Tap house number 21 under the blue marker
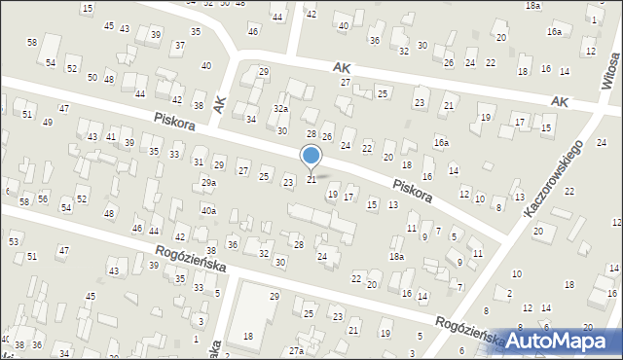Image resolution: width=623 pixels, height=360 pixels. pyautogui.click(x=311, y=179)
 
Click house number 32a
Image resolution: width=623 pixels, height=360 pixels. pyautogui.click(x=280, y=109)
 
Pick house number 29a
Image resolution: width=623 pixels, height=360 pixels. pyautogui.click(x=208, y=183)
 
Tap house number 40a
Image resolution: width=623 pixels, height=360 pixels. pyautogui.click(x=208, y=210)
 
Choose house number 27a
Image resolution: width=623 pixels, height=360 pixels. pyautogui.click(x=296, y=350)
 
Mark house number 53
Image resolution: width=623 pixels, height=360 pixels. pyautogui.click(x=14, y=240)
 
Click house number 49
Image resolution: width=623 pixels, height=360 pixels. pyautogui.click(x=47, y=122)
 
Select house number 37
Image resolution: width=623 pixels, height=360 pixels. pyautogui.click(x=179, y=46)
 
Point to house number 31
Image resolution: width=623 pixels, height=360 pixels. pyautogui.click(x=198, y=162)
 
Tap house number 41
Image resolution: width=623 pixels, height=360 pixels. pyautogui.click(x=111, y=137)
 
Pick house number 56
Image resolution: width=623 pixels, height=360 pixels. pyautogui.click(x=43, y=198)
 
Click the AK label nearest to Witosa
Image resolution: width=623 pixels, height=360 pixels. pyautogui.click(x=559, y=101)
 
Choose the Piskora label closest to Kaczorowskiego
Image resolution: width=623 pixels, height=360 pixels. pyautogui.click(x=413, y=189)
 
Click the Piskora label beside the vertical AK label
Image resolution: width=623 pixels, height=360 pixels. pyautogui.click(x=173, y=122)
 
